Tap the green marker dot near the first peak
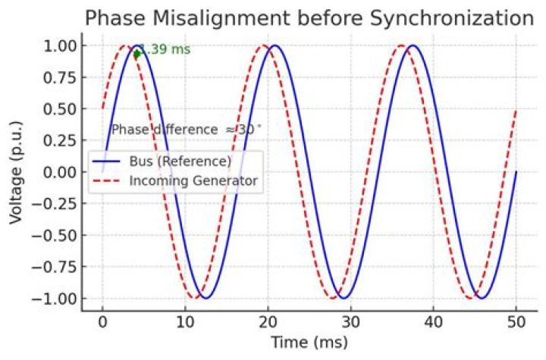tap(136, 54)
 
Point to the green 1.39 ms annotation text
tap(165, 50)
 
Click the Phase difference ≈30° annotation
tap(186, 130)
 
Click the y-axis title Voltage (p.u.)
tap(16, 172)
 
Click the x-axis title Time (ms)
tap(309, 342)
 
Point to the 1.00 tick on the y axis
tap(57, 45)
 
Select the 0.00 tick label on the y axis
tap(57, 172)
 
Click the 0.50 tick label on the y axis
tap(57, 108)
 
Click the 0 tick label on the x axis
tap(102, 321)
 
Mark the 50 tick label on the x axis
tap(516, 321)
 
